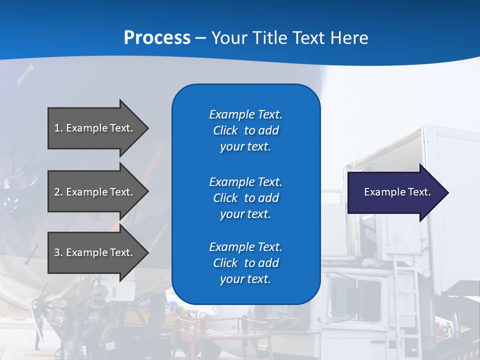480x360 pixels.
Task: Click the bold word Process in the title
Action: [x=157, y=38]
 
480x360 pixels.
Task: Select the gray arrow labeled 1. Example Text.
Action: [x=95, y=128]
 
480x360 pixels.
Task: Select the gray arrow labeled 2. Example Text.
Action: [x=95, y=192]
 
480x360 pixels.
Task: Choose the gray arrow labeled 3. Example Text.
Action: [x=95, y=252]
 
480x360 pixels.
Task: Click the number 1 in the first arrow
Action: [x=57, y=128]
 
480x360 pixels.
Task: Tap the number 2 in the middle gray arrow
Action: [x=57, y=192]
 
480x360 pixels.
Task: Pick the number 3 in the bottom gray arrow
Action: [x=57, y=252]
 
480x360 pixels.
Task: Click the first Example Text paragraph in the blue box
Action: [x=245, y=130]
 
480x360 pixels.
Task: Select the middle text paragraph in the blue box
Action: [x=245, y=198]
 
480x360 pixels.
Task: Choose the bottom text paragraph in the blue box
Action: [x=245, y=263]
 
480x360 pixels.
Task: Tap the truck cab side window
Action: [x=350, y=292]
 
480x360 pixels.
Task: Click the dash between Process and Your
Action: [x=200, y=38]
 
